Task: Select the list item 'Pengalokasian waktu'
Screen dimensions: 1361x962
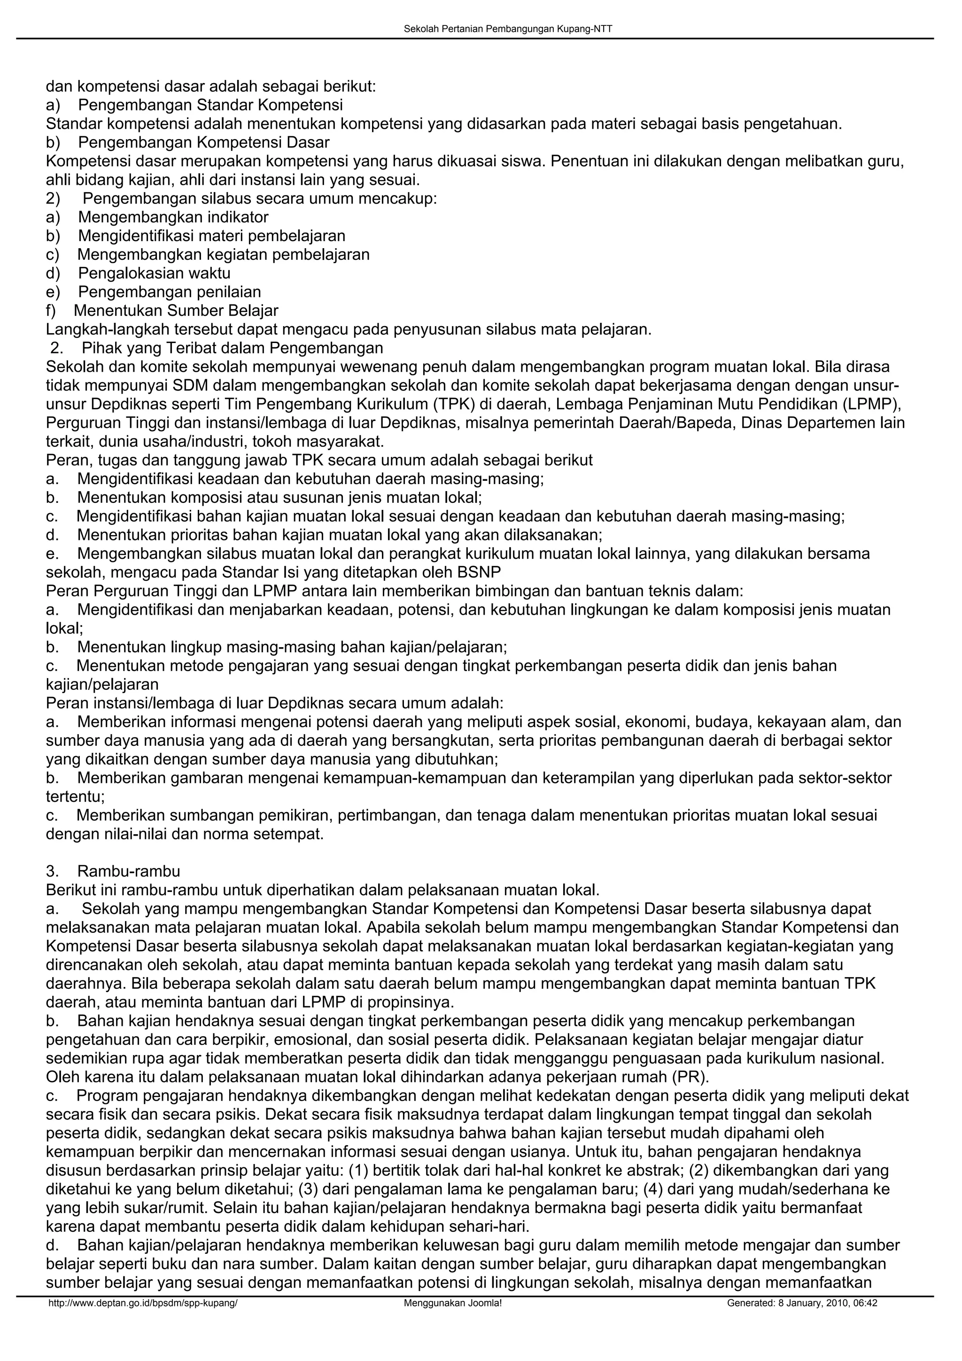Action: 154,273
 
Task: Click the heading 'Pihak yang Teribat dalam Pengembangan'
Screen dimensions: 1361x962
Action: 232,347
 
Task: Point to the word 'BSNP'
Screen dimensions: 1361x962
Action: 479,572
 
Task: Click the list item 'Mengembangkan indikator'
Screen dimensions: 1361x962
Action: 173,217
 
